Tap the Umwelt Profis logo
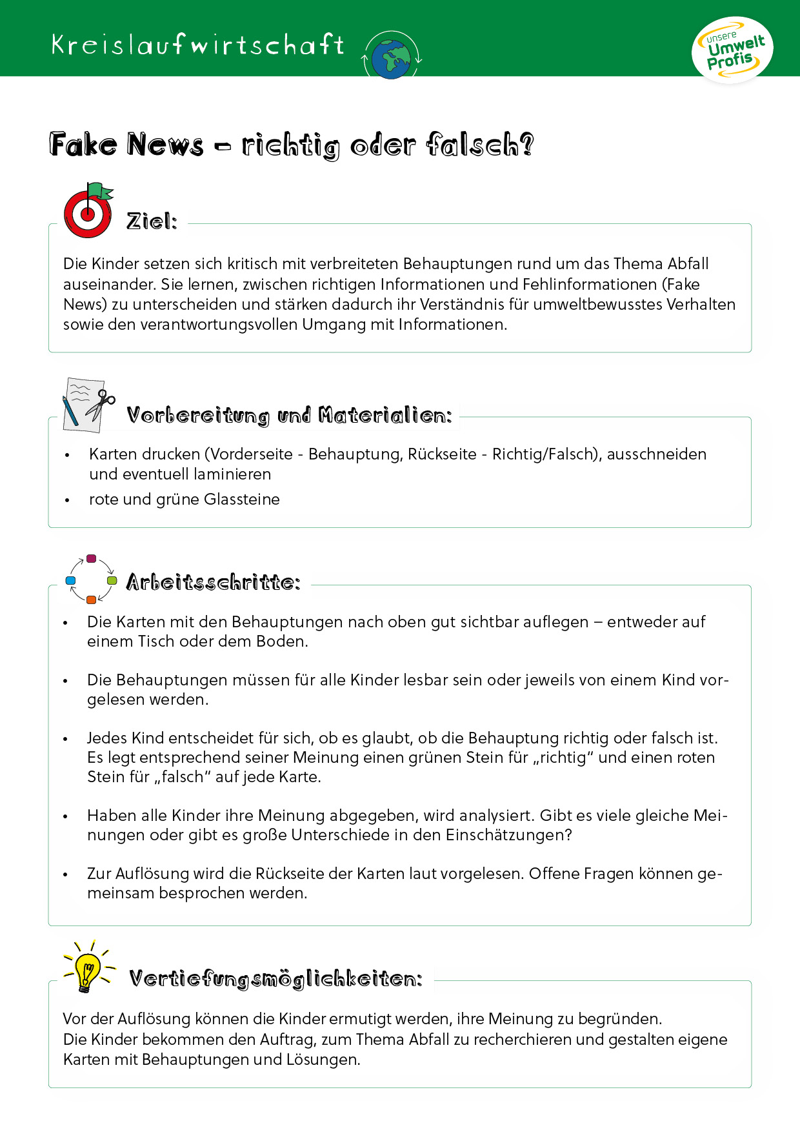click(x=732, y=51)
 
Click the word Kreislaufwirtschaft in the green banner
click(x=197, y=45)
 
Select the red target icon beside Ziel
click(x=88, y=214)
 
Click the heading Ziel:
click(x=152, y=221)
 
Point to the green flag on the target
click(x=101, y=191)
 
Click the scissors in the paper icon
click(x=101, y=405)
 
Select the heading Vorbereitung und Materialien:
click(x=289, y=415)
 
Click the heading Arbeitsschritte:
click(x=213, y=582)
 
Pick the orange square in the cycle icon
click(x=91, y=600)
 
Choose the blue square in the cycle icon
click(x=71, y=581)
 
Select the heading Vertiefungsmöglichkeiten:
click(x=275, y=979)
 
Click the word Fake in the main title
click(x=83, y=145)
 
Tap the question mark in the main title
click(x=526, y=145)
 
